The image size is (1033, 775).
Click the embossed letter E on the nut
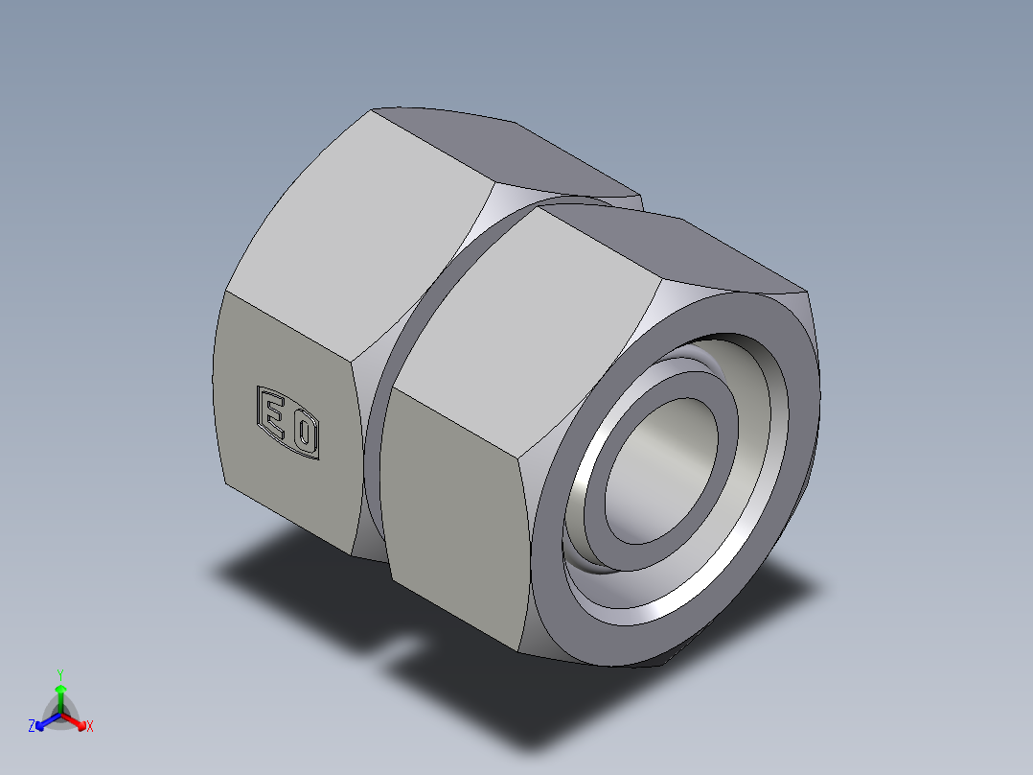274,417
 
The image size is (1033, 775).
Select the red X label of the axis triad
89,727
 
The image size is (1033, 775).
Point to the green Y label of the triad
59,674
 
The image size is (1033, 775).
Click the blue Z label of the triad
32,726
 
